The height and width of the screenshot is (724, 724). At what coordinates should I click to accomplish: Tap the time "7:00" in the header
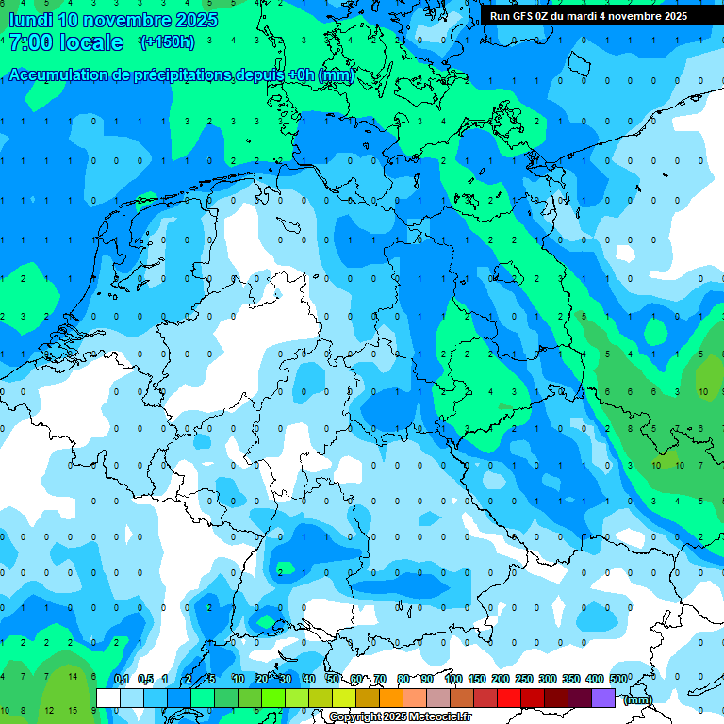click(28, 42)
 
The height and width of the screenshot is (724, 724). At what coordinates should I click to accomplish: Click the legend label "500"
click(618, 679)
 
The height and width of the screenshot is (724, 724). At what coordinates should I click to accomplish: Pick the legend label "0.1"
click(122, 679)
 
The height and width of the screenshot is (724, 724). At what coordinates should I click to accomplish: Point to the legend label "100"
click(453, 679)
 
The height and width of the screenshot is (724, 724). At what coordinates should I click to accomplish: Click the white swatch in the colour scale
click(108, 698)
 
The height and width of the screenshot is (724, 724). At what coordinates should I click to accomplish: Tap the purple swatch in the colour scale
click(603, 698)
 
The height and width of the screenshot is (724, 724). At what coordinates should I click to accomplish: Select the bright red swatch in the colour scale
click(509, 698)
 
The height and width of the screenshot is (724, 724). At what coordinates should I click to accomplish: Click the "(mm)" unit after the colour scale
click(638, 699)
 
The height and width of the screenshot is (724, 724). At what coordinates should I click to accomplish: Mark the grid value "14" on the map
click(72, 676)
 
